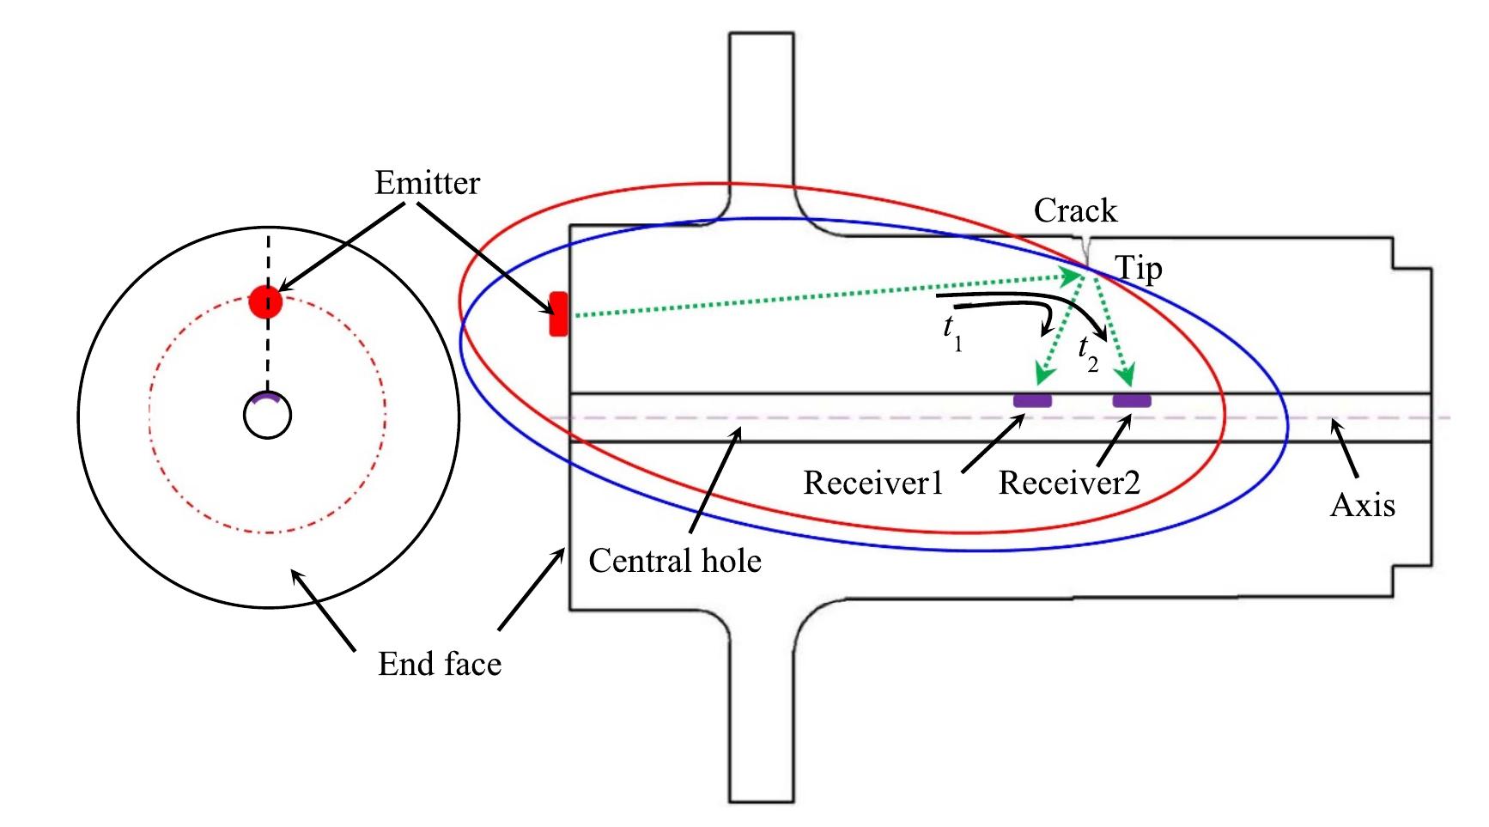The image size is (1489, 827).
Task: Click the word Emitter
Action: pos(427,184)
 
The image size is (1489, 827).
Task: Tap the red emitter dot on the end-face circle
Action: pos(265,301)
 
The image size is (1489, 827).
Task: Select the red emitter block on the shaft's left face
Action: pos(558,314)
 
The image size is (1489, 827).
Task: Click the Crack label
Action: pos(1075,210)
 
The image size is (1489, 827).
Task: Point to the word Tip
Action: pos(1139,269)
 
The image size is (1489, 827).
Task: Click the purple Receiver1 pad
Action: pos(1032,400)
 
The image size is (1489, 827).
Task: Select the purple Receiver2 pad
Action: pos(1132,400)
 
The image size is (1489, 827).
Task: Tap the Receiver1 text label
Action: pos(872,483)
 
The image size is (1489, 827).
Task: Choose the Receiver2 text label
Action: pos(1069,483)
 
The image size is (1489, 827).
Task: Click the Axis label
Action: pos(1362,505)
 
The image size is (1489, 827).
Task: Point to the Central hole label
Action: pos(675,561)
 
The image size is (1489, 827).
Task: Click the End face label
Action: pos(440,664)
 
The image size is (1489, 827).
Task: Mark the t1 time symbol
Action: pos(952,331)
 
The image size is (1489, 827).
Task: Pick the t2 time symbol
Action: pos(1088,352)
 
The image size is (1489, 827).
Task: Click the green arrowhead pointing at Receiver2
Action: pos(1125,374)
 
